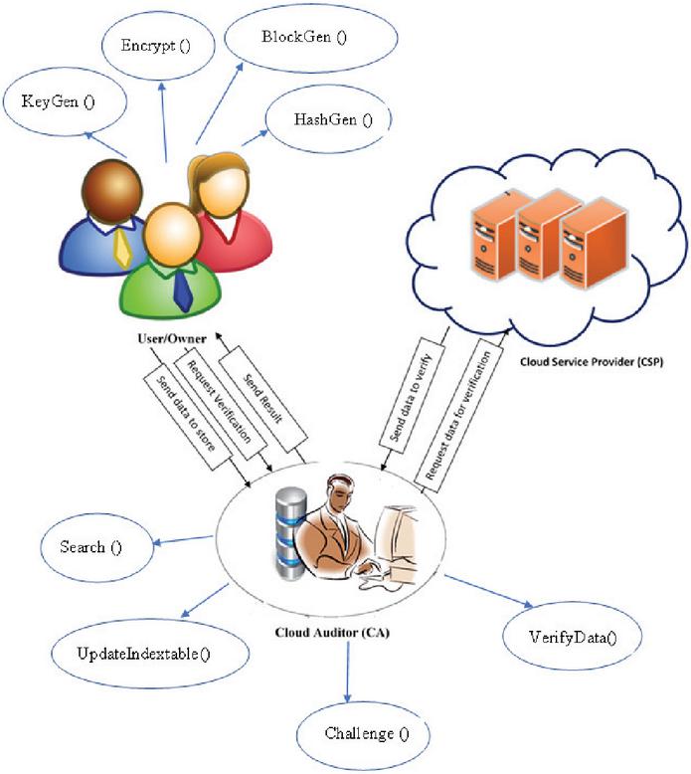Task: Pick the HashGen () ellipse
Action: [333, 120]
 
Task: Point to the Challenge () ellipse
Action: [365, 734]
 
